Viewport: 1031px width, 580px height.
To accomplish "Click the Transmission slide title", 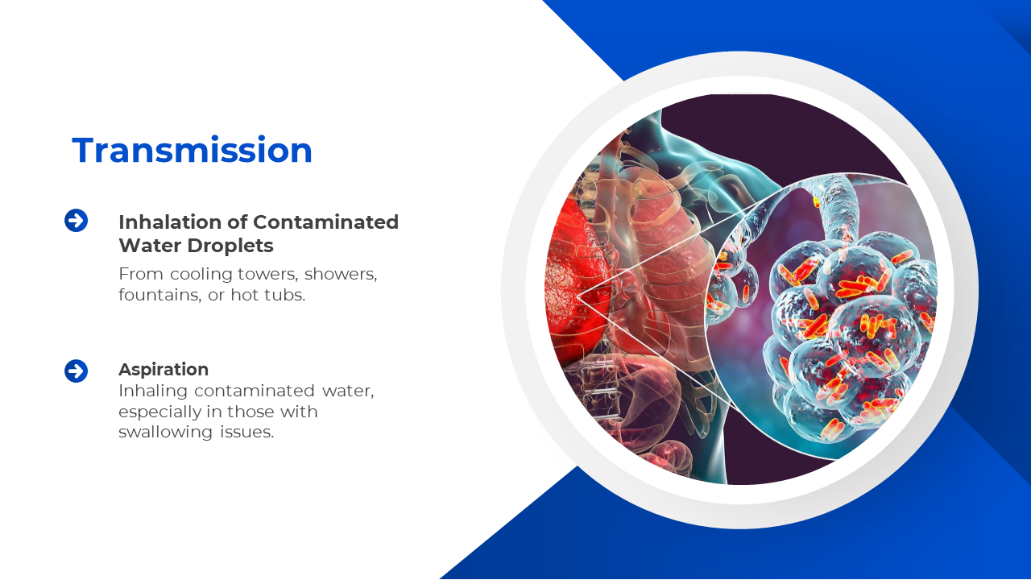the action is (192, 150).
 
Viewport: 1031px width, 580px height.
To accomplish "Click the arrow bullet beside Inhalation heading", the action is (76, 221).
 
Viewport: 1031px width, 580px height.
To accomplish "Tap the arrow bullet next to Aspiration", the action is (76, 371).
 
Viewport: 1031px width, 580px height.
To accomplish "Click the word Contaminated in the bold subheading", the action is (326, 222).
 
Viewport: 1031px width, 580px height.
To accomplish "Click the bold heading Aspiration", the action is (164, 370).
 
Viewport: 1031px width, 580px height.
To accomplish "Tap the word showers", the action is (341, 274).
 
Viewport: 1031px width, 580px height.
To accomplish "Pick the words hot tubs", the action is (268, 295).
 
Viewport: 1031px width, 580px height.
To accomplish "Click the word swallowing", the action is (166, 433).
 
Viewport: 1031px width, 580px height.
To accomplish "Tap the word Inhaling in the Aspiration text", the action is (153, 391).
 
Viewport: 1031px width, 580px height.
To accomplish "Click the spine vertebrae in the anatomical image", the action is (598, 387).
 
